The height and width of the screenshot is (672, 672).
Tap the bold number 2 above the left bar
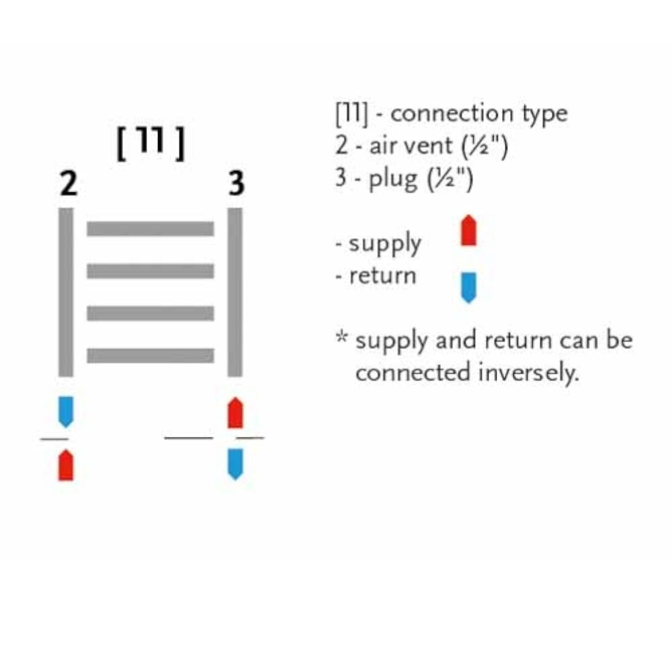tap(68, 183)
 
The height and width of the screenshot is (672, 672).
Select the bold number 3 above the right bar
tap(236, 183)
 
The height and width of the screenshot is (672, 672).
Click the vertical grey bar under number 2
tap(66, 292)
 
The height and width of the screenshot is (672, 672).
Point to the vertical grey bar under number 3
tap(235, 292)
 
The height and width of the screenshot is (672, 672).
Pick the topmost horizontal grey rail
tap(151, 228)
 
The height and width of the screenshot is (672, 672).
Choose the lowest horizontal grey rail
tap(151, 355)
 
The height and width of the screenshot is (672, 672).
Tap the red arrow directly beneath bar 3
tap(235, 413)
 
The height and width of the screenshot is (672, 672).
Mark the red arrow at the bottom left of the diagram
tap(66, 465)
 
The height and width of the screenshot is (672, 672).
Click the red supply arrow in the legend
tap(468, 230)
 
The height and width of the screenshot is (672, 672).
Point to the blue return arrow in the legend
tap(468, 287)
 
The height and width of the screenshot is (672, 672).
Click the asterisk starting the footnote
tap(342, 337)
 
